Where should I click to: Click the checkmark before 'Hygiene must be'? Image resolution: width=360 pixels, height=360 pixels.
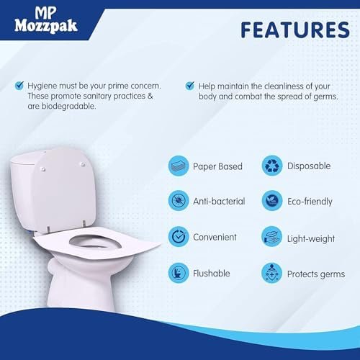click(x=19, y=85)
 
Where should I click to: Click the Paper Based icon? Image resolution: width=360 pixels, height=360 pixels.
click(x=179, y=166)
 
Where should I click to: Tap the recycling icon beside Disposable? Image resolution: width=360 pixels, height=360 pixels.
click(x=271, y=166)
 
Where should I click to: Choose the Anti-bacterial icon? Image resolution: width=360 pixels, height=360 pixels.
click(x=179, y=201)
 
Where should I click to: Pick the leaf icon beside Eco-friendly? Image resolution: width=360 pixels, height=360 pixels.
click(x=271, y=201)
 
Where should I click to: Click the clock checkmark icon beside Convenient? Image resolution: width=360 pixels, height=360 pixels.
click(x=179, y=236)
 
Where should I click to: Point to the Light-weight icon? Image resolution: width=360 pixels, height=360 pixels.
click(x=271, y=236)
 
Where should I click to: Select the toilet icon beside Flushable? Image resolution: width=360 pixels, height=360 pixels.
click(x=179, y=273)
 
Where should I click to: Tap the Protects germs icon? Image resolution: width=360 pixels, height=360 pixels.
click(x=271, y=273)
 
